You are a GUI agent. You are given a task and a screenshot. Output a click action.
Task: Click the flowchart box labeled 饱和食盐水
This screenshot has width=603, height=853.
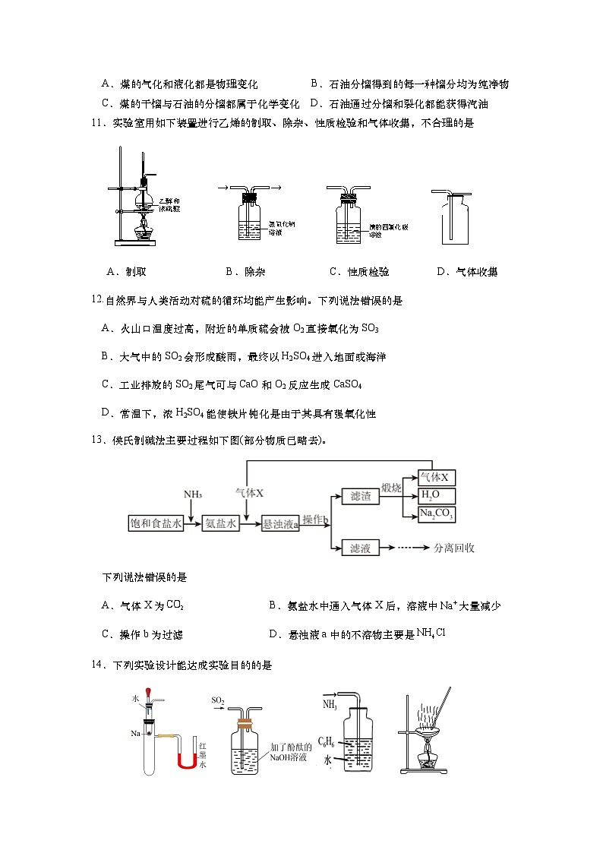(x=156, y=523)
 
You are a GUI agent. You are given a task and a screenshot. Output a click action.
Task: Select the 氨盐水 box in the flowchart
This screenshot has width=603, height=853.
(x=222, y=523)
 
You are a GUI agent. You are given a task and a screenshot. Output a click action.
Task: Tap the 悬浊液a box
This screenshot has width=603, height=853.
(x=280, y=524)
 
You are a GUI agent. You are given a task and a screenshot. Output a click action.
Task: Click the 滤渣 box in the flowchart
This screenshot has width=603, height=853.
(x=360, y=496)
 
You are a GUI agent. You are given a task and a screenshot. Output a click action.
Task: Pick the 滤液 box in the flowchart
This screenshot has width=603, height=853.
(x=360, y=548)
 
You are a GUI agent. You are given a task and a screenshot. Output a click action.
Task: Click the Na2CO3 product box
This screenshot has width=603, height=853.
(x=437, y=514)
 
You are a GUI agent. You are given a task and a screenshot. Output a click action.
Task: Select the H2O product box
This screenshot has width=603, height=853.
(x=437, y=496)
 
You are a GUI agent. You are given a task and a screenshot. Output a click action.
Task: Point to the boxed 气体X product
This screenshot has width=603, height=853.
(x=437, y=478)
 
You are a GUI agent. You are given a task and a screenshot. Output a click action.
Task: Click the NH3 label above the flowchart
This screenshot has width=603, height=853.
(x=192, y=494)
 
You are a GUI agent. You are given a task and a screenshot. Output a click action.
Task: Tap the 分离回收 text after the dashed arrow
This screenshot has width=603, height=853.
(x=453, y=548)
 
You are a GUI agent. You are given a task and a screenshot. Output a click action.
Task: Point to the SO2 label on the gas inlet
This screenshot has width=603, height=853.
(x=218, y=700)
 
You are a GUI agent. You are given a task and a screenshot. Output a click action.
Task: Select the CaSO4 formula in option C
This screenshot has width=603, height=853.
(x=348, y=385)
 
